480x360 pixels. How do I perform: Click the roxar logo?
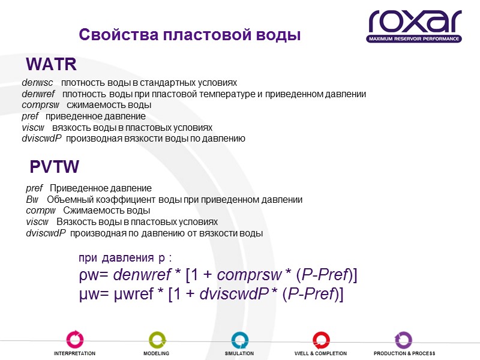coord(414,23)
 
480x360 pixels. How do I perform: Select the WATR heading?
coord(52,64)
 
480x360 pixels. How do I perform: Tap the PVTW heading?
coord(55,167)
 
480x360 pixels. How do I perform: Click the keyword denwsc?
coord(37,83)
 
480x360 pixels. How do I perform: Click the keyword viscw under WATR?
coord(33,128)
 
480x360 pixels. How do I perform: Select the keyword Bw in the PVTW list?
coord(32,200)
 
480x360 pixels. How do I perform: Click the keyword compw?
coord(41,211)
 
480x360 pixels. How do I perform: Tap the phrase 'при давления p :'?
coord(125,259)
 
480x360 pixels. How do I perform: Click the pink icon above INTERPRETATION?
coord(75,340)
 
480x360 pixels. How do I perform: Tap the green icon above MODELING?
coord(156,340)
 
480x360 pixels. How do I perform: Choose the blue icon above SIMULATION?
coord(239,340)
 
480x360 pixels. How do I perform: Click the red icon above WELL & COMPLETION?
coord(320,340)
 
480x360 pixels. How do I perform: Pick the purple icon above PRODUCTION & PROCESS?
coord(404,340)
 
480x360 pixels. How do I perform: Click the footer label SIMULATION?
coord(239,353)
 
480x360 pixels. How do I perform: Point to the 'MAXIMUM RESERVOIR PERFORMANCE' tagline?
coord(414,39)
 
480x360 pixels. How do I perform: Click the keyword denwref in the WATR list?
coord(38,94)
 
